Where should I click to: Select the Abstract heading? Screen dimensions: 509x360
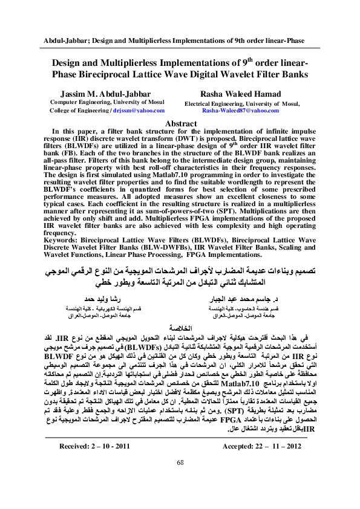[180, 123]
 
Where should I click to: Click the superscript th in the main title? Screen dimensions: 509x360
[243, 59]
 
